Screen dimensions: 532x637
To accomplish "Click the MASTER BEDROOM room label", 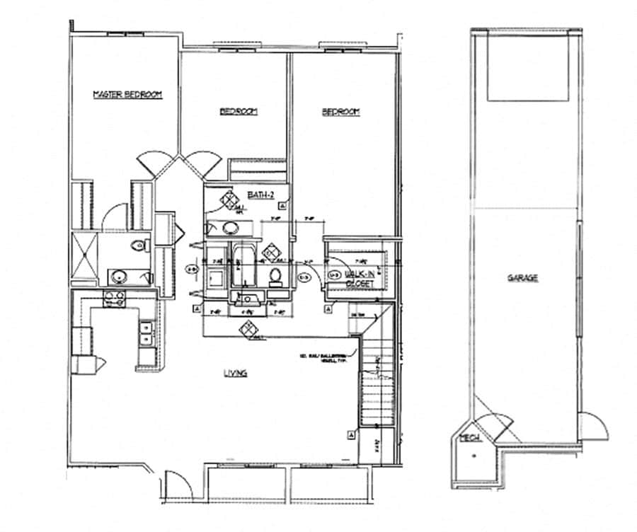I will point(128,94).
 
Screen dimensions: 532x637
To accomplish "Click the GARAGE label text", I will point(522,278).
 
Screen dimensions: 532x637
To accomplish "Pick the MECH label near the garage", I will point(471,438).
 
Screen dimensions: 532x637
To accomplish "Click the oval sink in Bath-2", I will point(230,229).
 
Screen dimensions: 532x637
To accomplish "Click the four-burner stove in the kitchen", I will point(115,299).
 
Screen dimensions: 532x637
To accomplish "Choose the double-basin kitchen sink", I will point(146,332).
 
